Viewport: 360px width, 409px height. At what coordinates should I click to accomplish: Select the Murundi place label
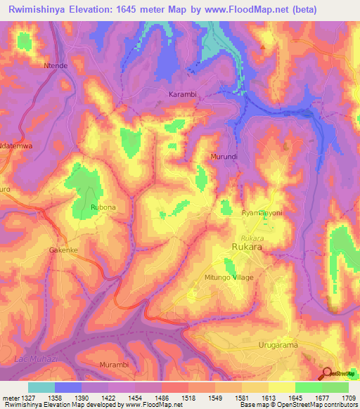(225, 155)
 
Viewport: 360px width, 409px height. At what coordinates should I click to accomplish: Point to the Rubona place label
(103, 208)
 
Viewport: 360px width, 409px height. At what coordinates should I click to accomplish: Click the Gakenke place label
(63, 249)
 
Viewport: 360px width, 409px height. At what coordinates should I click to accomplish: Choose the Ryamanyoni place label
(262, 212)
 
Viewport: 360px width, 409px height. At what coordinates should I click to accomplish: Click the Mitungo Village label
(229, 278)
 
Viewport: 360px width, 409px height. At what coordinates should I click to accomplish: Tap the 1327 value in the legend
(25, 398)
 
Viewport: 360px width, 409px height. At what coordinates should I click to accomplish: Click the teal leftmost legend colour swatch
(41, 387)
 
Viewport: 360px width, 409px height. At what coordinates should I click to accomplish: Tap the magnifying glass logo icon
(326, 374)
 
